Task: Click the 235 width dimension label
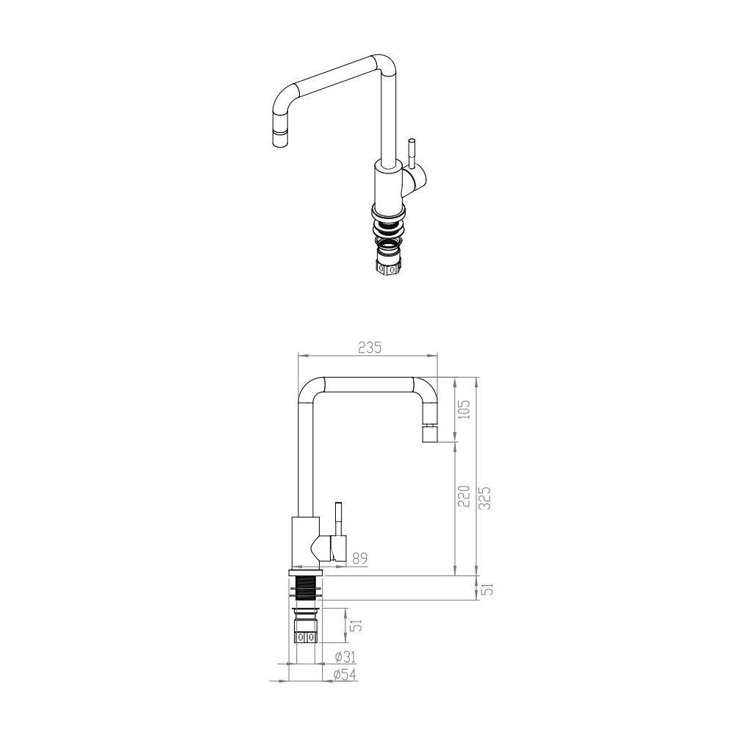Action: point(370,347)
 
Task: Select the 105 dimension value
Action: point(463,410)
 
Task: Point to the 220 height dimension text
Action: point(463,497)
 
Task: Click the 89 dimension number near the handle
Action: point(360,559)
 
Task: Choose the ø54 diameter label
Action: point(345,674)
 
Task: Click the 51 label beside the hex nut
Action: point(355,625)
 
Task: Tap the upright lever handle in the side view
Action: point(339,520)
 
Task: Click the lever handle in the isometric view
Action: point(413,154)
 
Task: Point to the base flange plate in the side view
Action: point(306,571)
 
